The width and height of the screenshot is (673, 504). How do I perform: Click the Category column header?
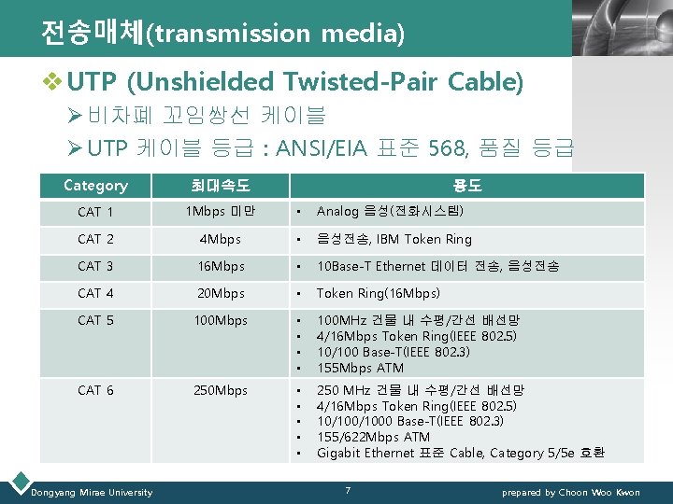(x=95, y=186)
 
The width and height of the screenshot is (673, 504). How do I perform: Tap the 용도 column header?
(x=468, y=186)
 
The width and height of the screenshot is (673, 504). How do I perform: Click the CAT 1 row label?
(x=95, y=213)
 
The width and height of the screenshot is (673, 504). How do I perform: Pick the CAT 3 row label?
(x=95, y=267)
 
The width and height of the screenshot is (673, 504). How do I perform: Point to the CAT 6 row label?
(x=95, y=390)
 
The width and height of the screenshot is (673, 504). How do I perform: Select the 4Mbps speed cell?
(x=220, y=240)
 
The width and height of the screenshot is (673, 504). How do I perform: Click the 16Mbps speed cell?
(x=220, y=267)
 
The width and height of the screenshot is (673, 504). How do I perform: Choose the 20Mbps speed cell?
(x=220, y=294)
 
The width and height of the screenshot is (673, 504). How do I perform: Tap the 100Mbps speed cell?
(x=220, y=321)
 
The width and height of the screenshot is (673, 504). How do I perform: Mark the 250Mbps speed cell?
(x=220, y=390)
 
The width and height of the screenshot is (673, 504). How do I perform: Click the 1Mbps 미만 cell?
(x=220, y=213)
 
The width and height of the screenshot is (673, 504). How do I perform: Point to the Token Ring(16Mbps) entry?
(x=378, y=294)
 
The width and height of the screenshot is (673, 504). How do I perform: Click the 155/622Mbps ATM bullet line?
(x=373, y=437)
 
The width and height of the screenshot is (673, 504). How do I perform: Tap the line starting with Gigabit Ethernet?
(x=460, y=453)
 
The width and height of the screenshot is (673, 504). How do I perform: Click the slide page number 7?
(x=347, y=491)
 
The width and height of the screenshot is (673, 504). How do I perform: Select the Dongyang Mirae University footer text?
(x=92, y=492)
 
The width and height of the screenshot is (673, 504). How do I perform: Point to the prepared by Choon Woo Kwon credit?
(x=571, y=492)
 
